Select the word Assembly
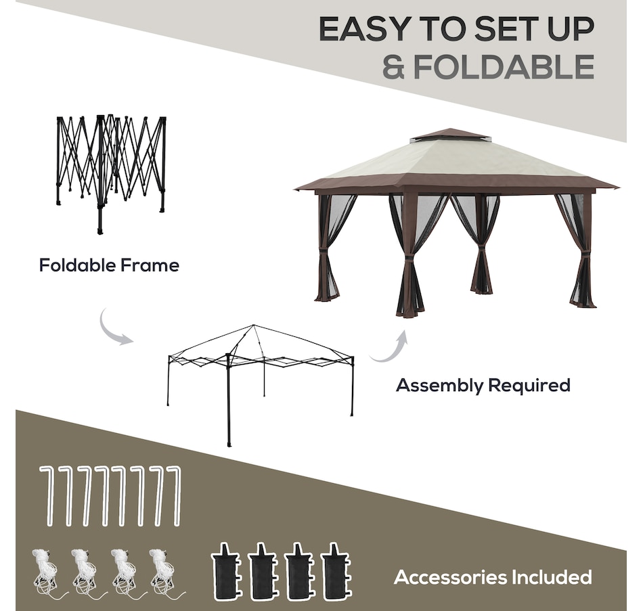439,386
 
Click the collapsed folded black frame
111,173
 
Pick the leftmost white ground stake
47,496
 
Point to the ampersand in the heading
395,67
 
